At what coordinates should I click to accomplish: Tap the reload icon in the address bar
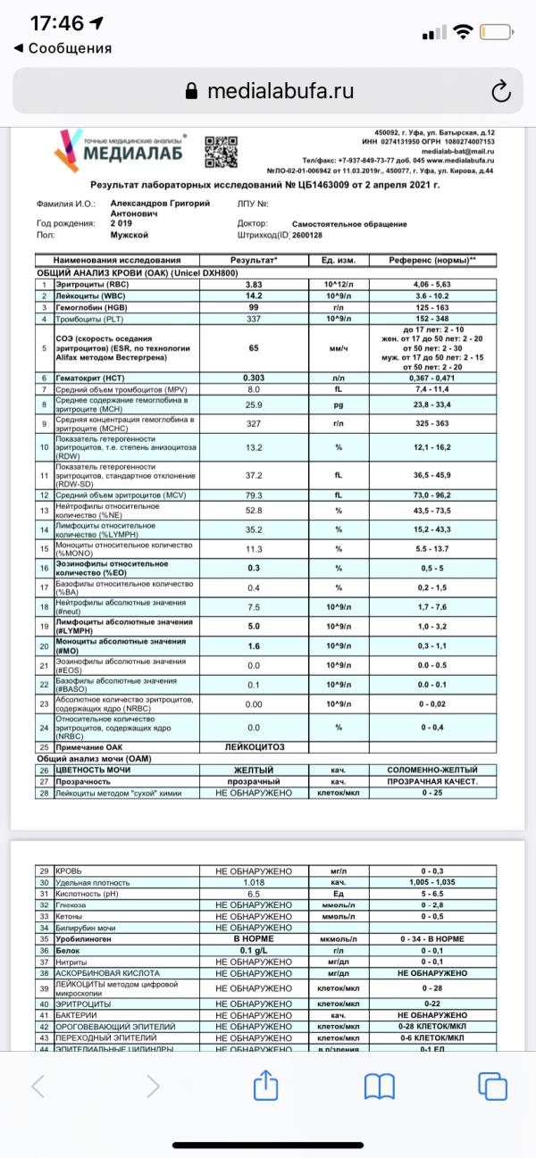(501, 91)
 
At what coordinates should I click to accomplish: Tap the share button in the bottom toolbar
(266, 1086)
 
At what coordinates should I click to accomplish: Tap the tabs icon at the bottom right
(491, 1086)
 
